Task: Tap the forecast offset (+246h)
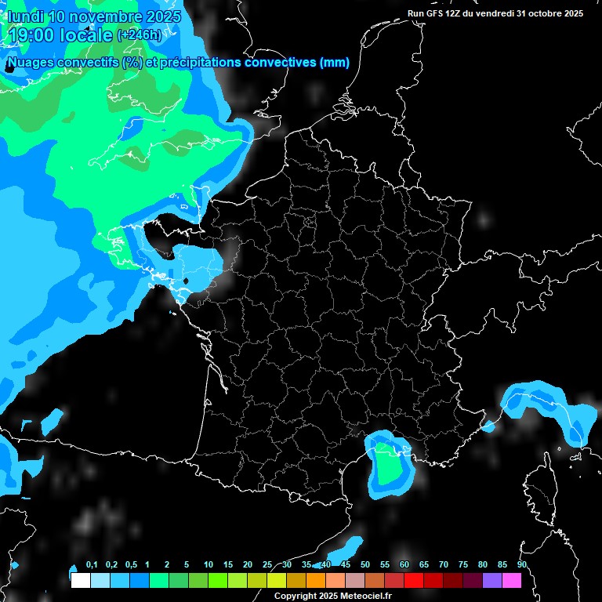tap(140, 34)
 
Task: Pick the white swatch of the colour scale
tap(80, 581)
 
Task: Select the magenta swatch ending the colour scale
tap(512, 581)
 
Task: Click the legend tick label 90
tap(521, 565)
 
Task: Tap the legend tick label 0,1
tap(92, 565)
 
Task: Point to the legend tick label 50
tap(365, 565)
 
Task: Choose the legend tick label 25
tap(267, 565)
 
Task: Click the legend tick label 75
tap(463, 565)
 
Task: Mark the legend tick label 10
tap(209, 565)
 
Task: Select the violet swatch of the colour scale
tap(492, 581)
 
